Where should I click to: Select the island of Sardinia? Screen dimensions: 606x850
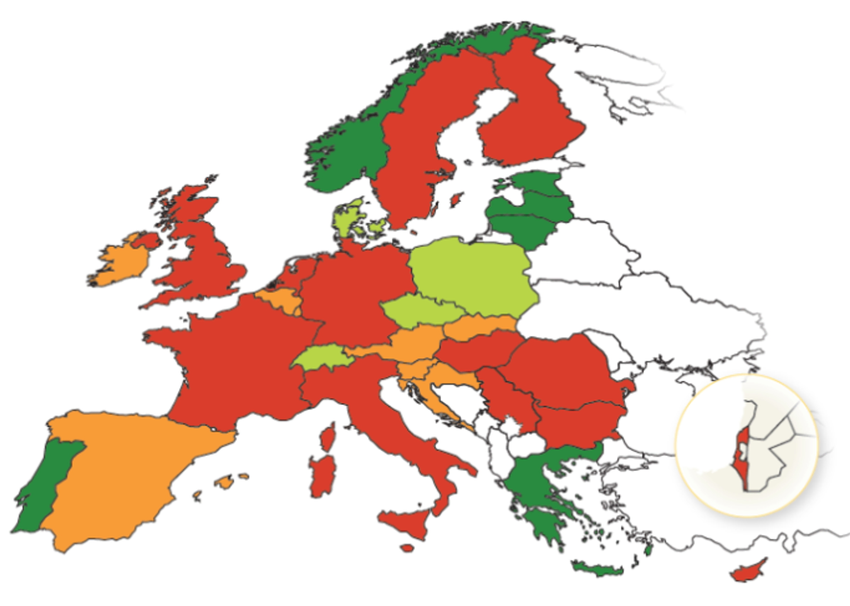[322, 476]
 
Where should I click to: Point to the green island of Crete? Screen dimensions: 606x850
[597, 569]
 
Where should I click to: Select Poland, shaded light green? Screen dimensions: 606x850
[474, 276]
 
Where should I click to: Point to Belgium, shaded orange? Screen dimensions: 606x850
[278, 299]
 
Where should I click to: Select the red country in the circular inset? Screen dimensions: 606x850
[741, 459]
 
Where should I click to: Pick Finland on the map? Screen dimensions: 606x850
[530, 119]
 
